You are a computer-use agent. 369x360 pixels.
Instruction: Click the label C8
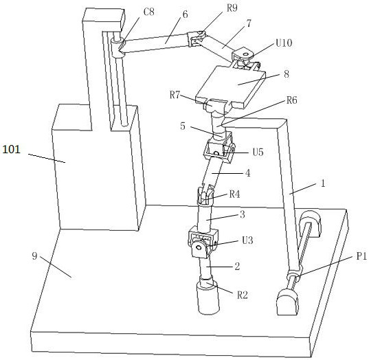[x=148, y=12]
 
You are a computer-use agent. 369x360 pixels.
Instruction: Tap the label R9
[x=232, y=8]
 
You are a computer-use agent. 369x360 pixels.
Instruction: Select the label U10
[x=284, y=43]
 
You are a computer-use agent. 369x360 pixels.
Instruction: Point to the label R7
[x=175, y=95]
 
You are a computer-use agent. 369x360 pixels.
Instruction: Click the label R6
[x=292, y=100]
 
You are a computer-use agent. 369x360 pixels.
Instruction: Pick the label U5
[x=258, y=153]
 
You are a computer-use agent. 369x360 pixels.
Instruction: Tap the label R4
[x=234, y=194]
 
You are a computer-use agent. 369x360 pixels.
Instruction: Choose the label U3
[x=247, y=240]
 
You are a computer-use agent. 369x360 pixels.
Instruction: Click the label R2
[x=242, y=295]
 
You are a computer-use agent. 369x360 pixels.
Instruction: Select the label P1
[x=361, y=256]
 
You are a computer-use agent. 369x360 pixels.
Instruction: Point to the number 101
[x=11, y=149]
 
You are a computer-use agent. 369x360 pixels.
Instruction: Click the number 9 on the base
[x=34, y=256]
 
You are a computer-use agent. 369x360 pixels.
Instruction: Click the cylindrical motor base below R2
[x=208, y=298]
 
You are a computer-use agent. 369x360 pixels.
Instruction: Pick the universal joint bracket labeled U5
[x=219, y=148]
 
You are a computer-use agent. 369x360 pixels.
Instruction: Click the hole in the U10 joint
[x=245, y=55]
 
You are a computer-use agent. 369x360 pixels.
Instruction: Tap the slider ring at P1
[x=293, y=275]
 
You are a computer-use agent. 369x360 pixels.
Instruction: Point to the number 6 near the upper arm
[x=186, y=14]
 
